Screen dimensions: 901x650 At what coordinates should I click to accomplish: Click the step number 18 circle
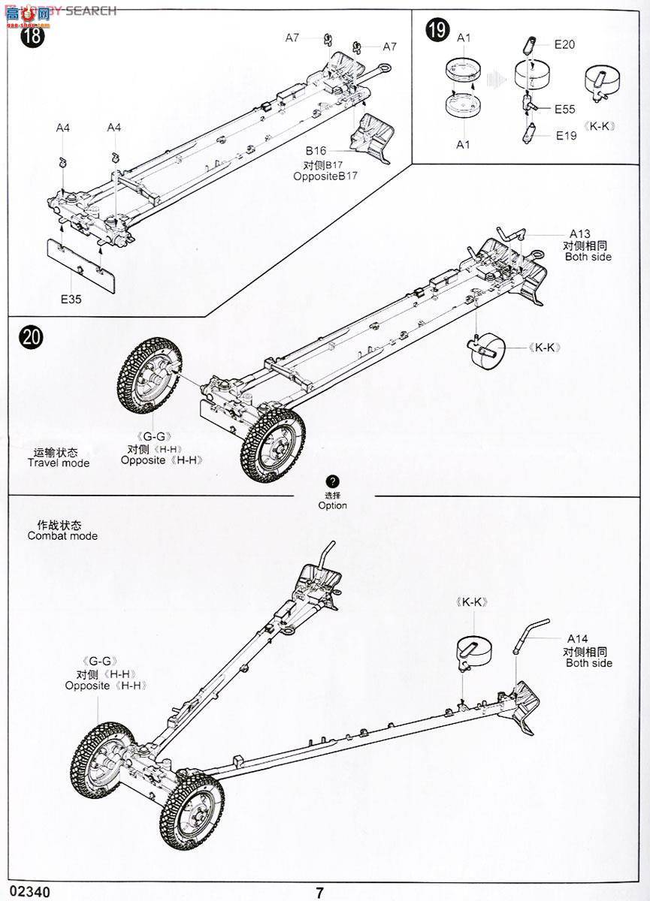[x=32, y=37]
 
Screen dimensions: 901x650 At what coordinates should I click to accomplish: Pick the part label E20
[x=564, y=44]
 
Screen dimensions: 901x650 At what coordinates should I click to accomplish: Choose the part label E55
[x=565, y=109]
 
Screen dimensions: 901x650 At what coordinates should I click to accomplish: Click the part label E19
[x=566, y=135]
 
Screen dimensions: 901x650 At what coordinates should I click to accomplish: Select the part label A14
[x=578, y=639]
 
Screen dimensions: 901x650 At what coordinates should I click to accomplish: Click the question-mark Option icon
[x=333, y=481]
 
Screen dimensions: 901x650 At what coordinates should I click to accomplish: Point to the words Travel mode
[x=59, y=463]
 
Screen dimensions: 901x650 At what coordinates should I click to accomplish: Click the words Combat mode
[x=62, y=536]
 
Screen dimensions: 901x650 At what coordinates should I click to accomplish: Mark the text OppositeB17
[x=325, y=176]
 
